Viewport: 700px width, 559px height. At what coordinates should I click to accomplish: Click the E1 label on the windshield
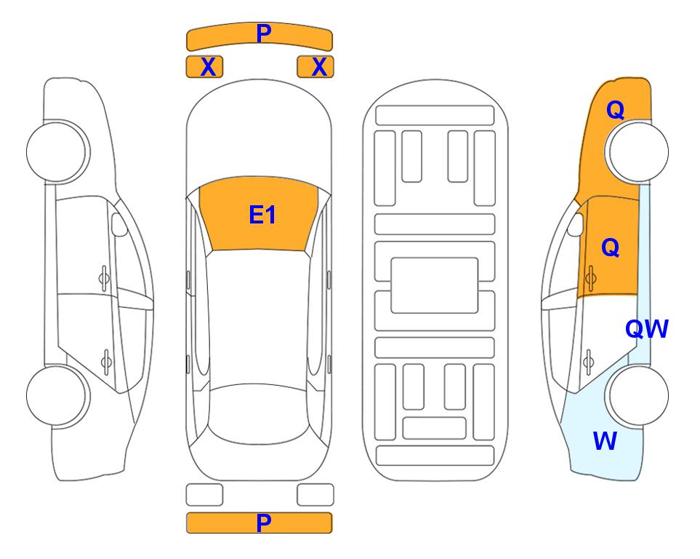262,215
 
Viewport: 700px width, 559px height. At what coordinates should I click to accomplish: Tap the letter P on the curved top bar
264,33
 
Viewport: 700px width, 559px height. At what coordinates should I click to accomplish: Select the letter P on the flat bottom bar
264,523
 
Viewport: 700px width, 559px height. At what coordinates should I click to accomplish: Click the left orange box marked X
204,67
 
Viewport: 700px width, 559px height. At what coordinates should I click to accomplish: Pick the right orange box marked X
315,67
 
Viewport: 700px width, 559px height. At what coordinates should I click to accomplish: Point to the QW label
646,329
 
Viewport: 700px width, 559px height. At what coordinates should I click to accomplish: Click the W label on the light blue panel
605,441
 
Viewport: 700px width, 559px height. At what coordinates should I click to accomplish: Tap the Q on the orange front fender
615,110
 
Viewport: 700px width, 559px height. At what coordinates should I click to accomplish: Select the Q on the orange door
611,247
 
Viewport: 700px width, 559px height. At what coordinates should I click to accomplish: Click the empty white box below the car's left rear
204,495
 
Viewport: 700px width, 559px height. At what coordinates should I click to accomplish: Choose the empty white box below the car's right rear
315,495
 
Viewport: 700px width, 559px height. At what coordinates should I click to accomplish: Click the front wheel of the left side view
57,152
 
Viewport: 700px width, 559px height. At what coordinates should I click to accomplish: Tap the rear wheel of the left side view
57,395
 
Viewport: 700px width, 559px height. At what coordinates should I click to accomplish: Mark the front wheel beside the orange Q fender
637,152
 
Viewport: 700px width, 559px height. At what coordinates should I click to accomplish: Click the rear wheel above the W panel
637,395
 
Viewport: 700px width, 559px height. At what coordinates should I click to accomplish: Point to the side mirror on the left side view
118,224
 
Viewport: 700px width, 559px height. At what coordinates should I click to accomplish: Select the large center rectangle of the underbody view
435,285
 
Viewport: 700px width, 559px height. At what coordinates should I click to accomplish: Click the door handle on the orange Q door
591,278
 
